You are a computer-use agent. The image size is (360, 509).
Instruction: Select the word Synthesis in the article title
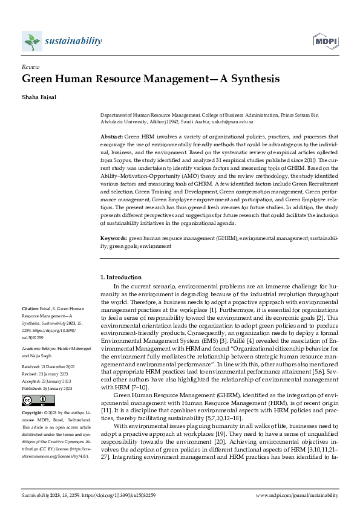click(252, 79)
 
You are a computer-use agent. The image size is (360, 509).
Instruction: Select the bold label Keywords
click(113, 239)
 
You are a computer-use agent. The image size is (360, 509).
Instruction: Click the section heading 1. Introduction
click(120, 277)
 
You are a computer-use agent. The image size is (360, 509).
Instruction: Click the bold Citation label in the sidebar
click(30, 308)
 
